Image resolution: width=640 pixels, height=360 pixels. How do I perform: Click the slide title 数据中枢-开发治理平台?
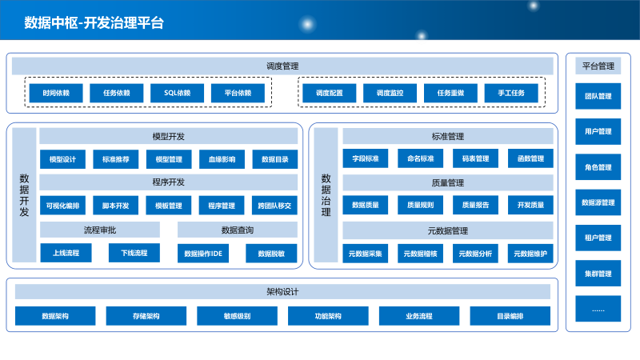pyautogui.click(x=94, y=22)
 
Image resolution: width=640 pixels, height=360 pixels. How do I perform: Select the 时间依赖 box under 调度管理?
pyautogui.click(x=56, y=94)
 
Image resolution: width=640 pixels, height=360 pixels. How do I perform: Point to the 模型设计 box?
pyautogui.click(x=62, y=159)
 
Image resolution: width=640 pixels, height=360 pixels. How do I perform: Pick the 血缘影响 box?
pyautogui.click(x=222, y=159)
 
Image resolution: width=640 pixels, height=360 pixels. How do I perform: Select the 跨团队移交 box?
pyautogui.click(x=274, y=206)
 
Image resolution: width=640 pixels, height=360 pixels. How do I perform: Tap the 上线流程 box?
pyautogui.click(x=66, y=253)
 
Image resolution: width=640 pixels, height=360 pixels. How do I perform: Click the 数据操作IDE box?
pyautogui.click(x=202, y=254)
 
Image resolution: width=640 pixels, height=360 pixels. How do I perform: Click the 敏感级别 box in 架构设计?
pyautogui.click(x=237, y=316)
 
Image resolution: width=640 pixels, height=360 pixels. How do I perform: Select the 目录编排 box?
pyautogui.click(x=510, y=316)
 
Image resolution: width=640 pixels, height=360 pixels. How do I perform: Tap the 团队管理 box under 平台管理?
pyautogui.click(x=598, y=96)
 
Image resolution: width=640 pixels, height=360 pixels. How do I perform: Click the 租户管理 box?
pyautogui.click(x=598, y=238)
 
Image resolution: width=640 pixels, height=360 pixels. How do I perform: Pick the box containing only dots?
pyautogui.click(x=598, y=309)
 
